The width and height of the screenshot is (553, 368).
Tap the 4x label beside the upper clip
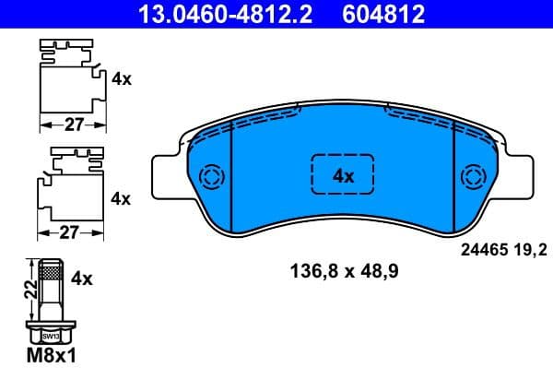pyautogui.click(x=122, y=79)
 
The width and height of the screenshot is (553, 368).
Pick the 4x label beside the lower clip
pyautogui.click(x=122, y=197)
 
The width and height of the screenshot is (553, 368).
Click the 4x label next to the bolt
pyautogui.click(x=83, y=276)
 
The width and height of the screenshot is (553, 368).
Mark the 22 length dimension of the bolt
pyautogui.click(x=29, y=291)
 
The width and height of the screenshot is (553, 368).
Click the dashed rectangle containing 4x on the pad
pyautogui.click(x=343, y=174)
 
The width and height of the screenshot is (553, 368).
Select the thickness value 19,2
pyautogui.click(x=535, y=250)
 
